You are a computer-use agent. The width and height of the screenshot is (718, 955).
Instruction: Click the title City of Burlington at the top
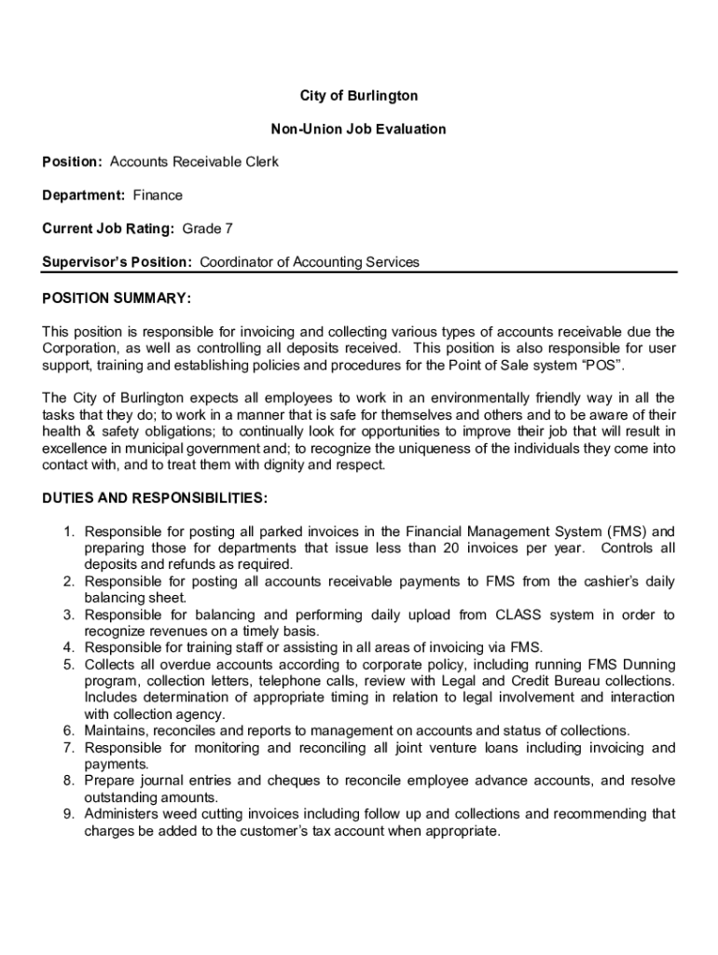tap(358, 96)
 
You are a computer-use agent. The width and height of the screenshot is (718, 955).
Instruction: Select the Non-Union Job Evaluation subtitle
tap(358, 129)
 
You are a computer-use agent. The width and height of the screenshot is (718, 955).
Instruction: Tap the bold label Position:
tap(72, 162)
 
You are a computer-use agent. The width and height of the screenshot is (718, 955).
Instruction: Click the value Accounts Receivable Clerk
tap(194, 162)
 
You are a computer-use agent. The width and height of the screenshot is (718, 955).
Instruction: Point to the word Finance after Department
tap(158, 196)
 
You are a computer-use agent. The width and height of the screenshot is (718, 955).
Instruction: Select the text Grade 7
tap(207, 229)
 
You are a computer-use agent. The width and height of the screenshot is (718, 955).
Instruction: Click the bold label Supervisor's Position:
tap(117, 262)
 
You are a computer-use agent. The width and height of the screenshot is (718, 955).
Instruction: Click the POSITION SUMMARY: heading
tap(117, 298)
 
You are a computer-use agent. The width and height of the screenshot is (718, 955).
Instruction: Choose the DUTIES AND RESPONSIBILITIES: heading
tap(155, 498)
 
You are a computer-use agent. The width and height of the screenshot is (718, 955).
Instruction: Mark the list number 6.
tap(69, 731)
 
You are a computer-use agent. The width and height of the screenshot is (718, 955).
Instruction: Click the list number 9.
tap(69, 814)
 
